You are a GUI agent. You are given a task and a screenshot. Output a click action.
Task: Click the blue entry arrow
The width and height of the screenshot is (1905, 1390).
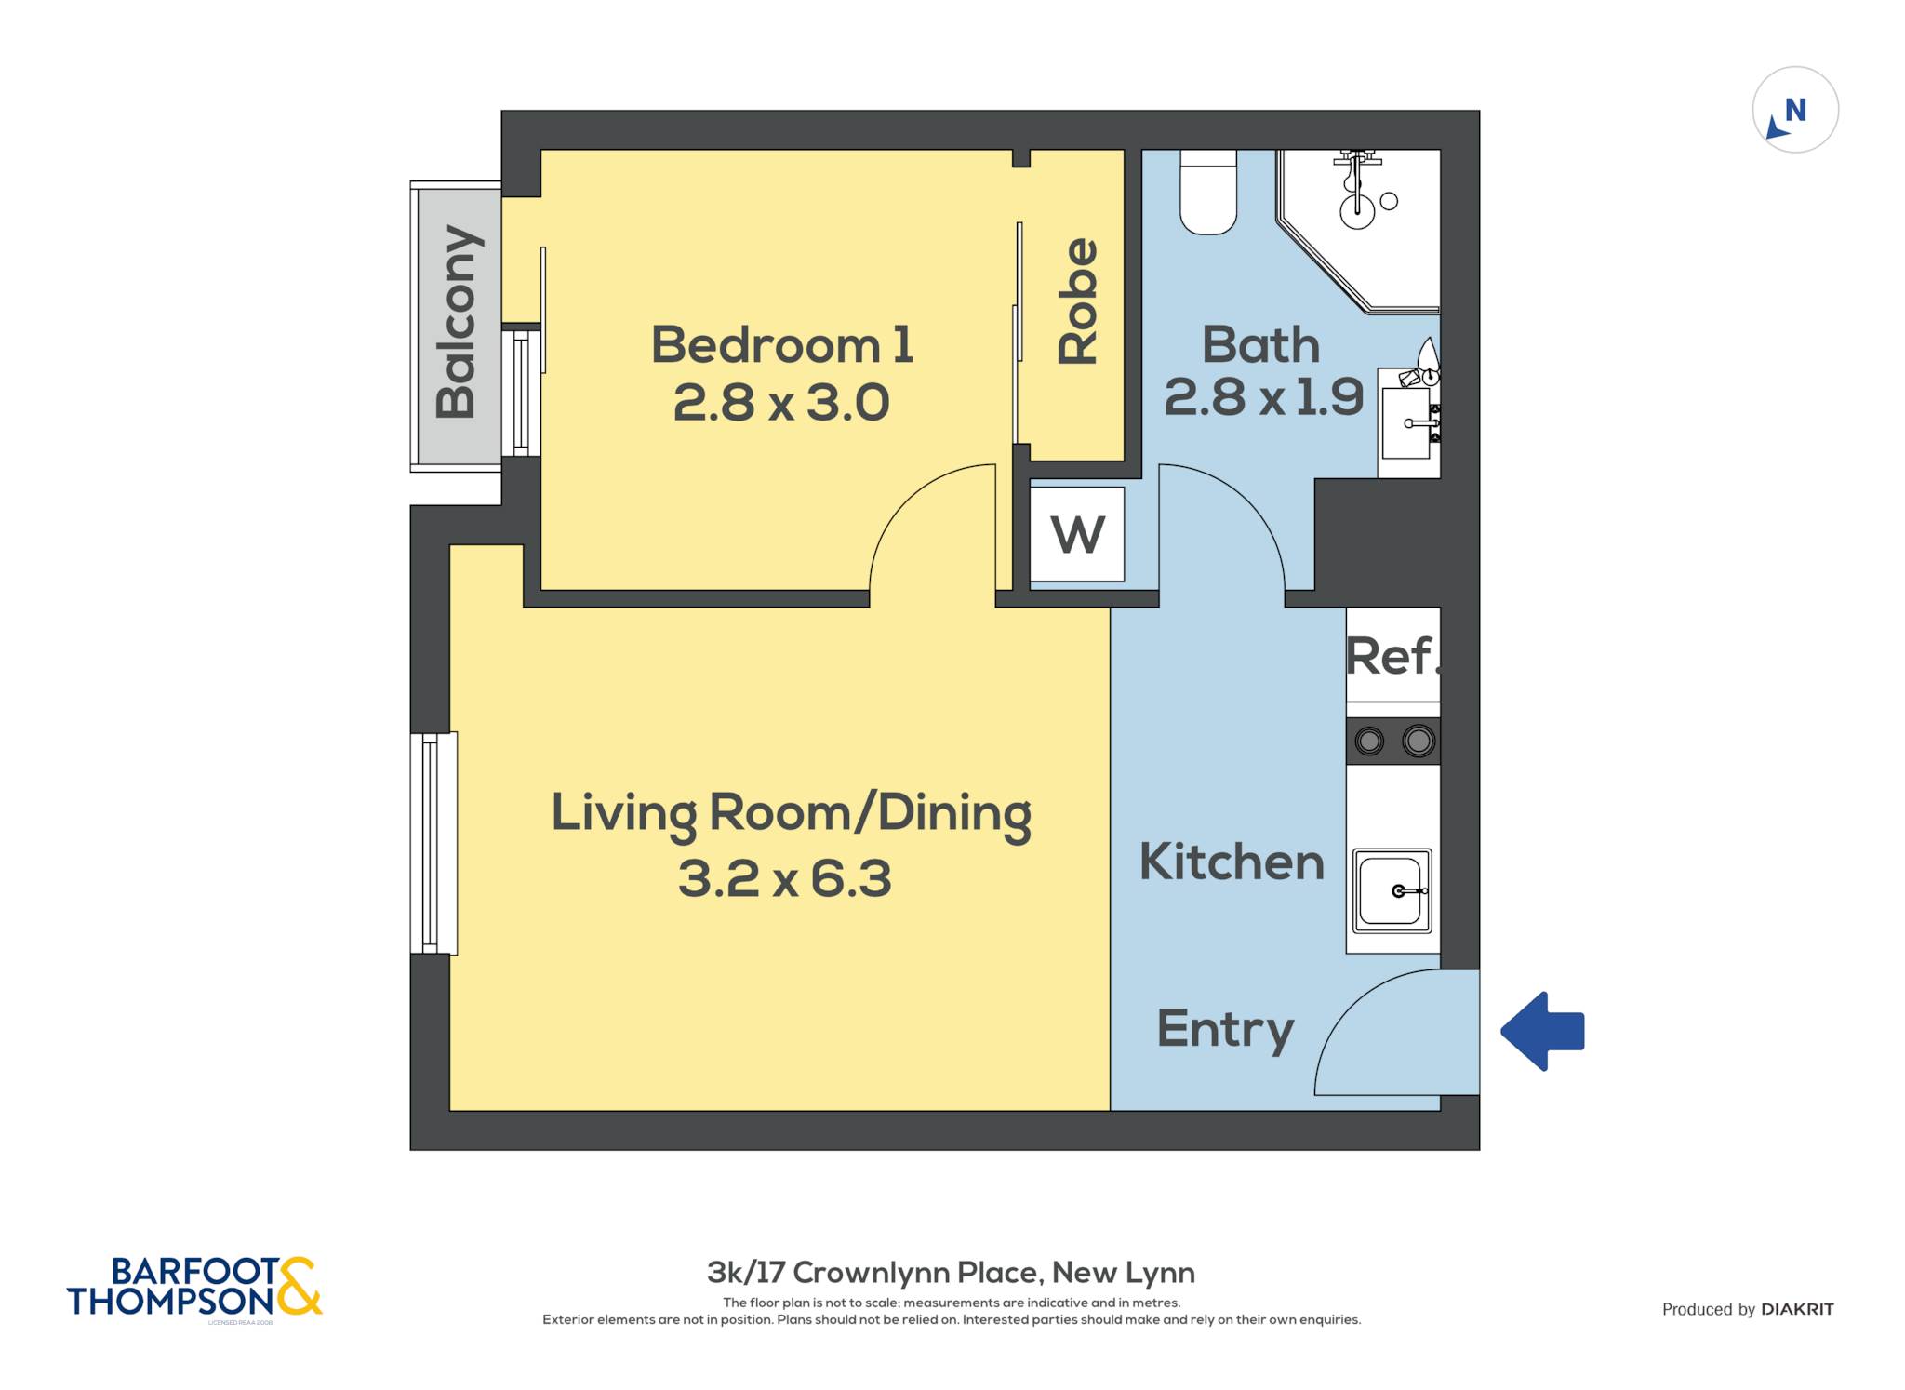tap(1542, 1031)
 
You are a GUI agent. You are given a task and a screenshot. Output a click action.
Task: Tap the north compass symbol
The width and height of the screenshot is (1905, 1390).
tap(1795, 110)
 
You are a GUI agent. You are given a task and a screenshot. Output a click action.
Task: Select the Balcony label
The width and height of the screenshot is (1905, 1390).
tap(458, 321)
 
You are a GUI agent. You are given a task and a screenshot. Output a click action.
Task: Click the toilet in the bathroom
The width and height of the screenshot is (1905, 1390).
tap(1208, 192)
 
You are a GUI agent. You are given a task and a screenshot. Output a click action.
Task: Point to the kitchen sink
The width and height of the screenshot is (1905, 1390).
tap(1392, 890)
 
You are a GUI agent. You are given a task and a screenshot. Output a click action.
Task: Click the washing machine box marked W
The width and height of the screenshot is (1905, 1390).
tap(1077, 534)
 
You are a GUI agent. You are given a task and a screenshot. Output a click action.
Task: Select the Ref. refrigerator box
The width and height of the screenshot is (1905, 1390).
tap(1392, 654)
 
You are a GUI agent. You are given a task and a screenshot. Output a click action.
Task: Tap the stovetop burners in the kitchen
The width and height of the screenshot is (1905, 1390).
tap(1393, 741)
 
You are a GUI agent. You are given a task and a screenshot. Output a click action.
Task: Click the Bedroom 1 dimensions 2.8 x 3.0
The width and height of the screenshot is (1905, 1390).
tap(781, 403)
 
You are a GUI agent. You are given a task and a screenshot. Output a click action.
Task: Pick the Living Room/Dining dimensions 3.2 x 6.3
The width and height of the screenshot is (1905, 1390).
tap(784, 878)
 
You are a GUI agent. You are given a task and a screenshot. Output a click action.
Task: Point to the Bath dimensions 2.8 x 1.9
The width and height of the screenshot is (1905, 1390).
tap(1263, 397)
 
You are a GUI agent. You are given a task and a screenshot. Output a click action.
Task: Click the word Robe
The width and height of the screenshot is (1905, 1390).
tap(1079, 301)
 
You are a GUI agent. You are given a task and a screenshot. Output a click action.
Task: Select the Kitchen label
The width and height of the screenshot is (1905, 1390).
tap(1232, 862)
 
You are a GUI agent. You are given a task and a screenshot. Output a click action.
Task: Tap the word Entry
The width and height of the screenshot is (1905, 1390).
tap(1226, 1030)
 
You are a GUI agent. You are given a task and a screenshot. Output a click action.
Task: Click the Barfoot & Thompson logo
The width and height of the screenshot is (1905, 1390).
tap(194, 1288)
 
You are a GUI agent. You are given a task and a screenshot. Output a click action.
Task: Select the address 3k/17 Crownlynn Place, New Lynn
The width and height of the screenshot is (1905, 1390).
tap(951, 1272)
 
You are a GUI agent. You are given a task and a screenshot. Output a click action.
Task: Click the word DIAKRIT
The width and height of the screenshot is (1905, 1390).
tap(1797, 1310)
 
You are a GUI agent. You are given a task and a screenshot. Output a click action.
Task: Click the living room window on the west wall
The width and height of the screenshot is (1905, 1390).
tap(433, 844)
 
